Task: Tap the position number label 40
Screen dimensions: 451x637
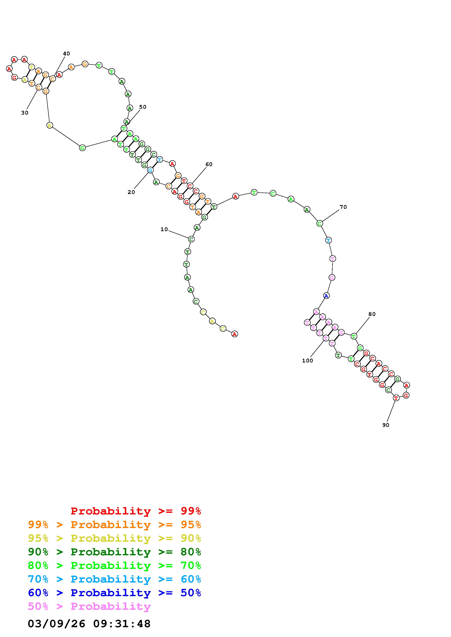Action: click(x=66, y=54)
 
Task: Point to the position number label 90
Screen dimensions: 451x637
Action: click(x=386, y=425)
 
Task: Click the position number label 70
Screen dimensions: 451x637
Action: click(x=343, y=207)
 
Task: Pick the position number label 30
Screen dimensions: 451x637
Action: click(x=25, y=113)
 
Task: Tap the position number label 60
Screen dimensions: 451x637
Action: click(x=209, y=164)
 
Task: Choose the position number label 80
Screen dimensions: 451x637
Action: click(x=372, y=314)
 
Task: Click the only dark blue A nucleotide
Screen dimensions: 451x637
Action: click(x=326, y=296)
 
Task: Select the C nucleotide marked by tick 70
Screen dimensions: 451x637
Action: click(x=320, y=223)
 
